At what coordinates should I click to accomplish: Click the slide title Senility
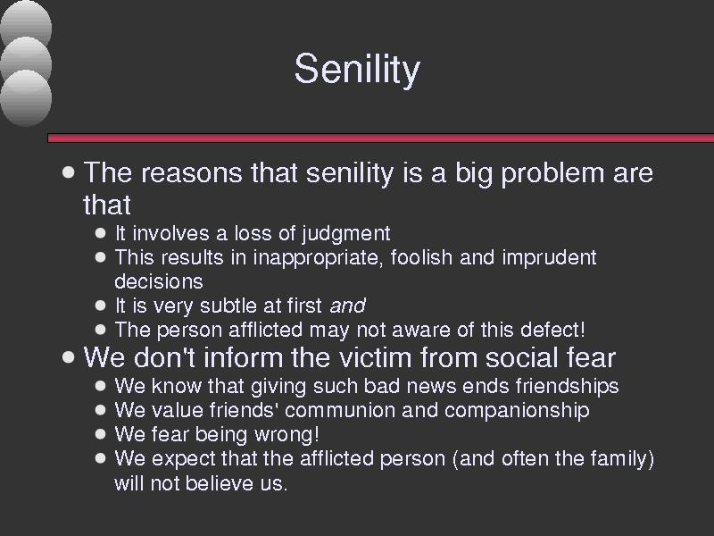point(357,70)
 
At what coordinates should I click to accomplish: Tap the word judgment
point(346,234)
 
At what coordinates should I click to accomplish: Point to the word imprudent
point(549,258)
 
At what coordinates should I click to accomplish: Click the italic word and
point(347,306)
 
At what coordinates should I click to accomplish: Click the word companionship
point(517,411)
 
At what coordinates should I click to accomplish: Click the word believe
point(220,483)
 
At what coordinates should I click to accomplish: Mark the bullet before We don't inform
point(69,357)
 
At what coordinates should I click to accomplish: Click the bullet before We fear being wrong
point(101,434)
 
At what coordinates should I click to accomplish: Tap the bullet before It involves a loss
point(101,233)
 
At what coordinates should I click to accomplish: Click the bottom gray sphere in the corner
point(26,97)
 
